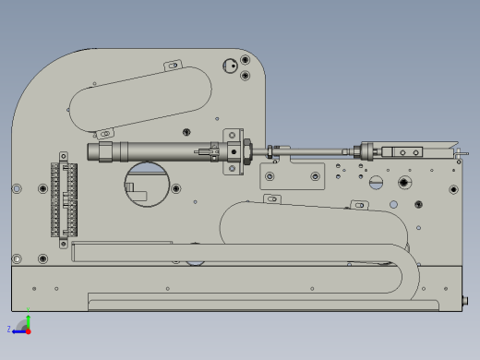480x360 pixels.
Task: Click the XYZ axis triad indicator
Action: coord(23,326)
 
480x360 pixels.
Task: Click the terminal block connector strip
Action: coord(64,199)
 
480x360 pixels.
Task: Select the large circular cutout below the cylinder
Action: coord(145,183)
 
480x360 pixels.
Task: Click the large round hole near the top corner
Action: coord(230,66)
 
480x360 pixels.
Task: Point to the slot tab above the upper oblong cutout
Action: coord(173,66)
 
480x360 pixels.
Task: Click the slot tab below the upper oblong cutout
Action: coord(105,134)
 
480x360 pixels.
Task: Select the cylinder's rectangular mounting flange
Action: coord(233,151)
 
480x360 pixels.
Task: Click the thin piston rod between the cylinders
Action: coord(309,150)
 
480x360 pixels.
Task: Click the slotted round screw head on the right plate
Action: coord(376,183)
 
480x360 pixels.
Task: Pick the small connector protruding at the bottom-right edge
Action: coord(464,300)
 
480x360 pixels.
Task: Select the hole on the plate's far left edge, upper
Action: coord(17,188)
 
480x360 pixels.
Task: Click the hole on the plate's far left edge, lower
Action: coord(17,258)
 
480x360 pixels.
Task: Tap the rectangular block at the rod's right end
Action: coord(406,152)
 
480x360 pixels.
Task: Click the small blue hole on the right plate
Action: coord(393,205)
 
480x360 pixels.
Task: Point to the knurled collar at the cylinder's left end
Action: coord(104,151)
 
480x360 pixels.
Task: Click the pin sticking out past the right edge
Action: coord(462,153)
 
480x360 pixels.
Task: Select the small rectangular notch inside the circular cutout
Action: coord(130,187)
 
